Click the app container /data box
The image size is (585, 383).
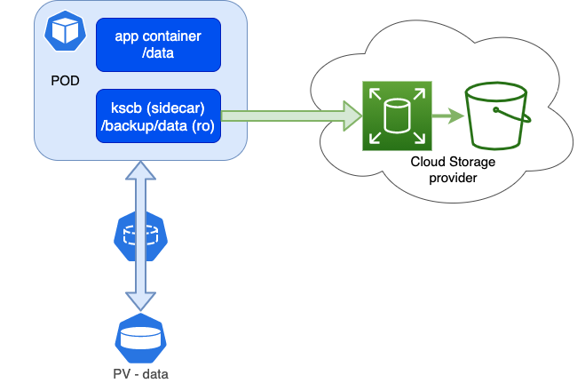tap(158, 44)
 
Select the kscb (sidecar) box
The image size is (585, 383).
tap(158, 116)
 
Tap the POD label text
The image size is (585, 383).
tap(65, 81)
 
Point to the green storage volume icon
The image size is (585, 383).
tap(397, 116)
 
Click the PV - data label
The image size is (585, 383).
tap(140, 373)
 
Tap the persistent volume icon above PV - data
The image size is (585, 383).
tap(140, 338)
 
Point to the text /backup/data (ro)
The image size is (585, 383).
tap(158, 125)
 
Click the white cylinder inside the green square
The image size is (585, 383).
tap(397, 116)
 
